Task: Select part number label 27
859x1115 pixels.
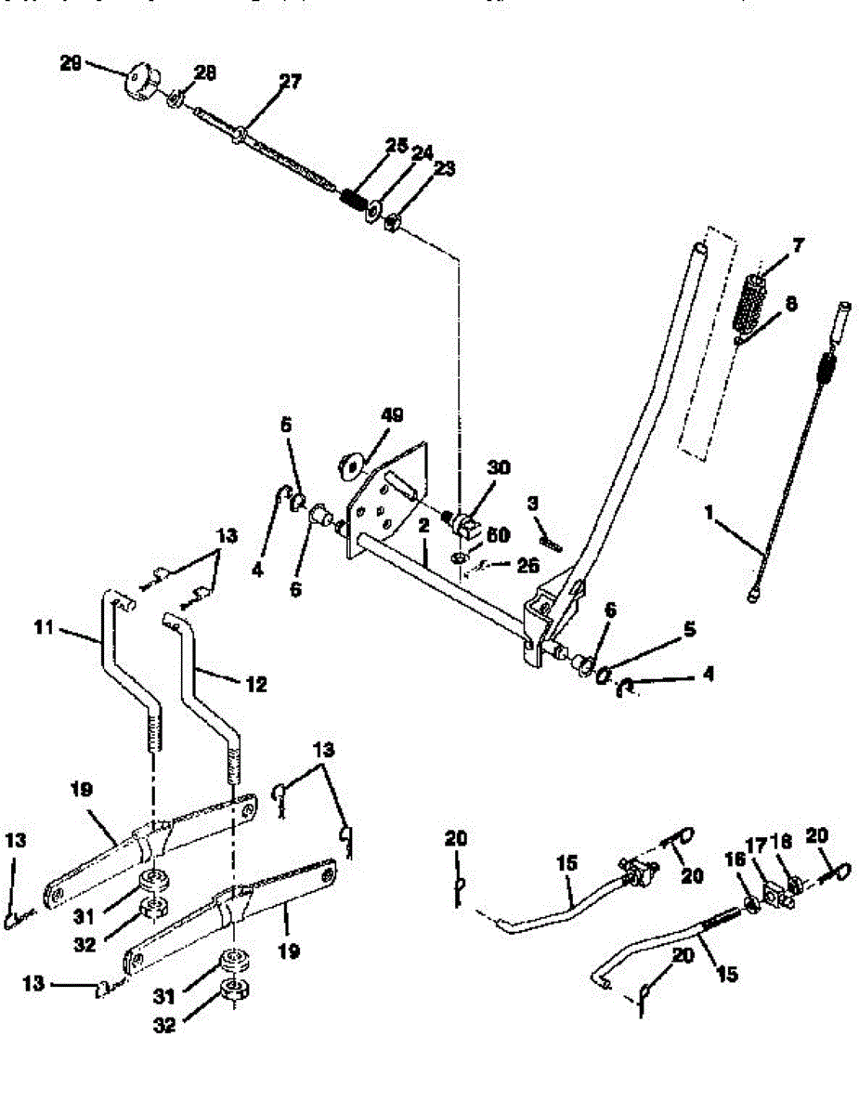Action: click(x=290, y=82)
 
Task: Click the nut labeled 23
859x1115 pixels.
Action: click(x=392, y=223)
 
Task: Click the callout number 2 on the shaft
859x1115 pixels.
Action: click(x=423, y=526)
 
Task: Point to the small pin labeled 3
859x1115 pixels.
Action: click(x=551, y=540)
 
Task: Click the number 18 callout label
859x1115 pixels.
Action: click(x=783, y=841)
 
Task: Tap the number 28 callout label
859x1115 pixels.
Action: click(x=205, y=72)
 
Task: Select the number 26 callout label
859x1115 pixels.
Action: click(x=527, y=564)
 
